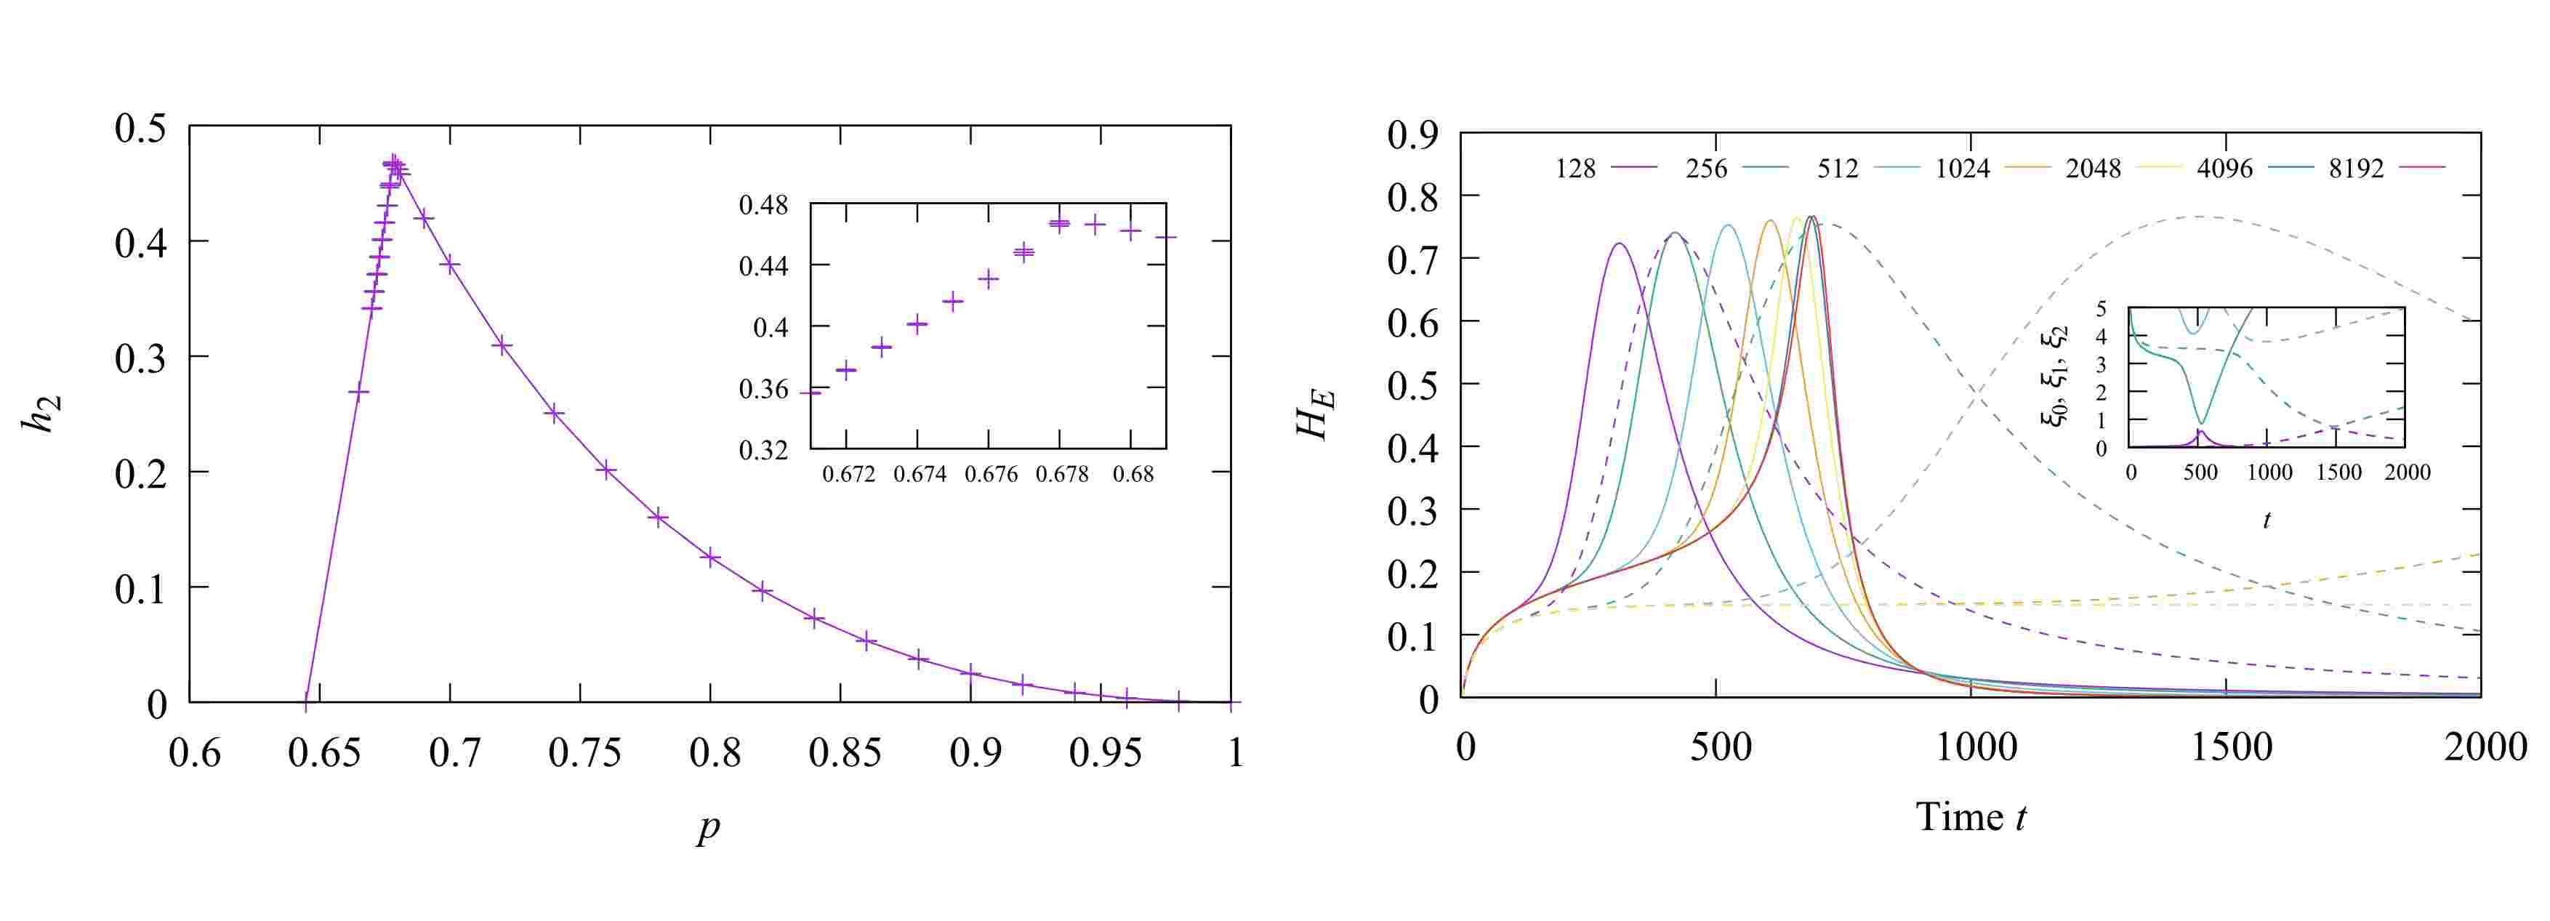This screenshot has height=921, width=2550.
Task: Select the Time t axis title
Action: point(1970,817)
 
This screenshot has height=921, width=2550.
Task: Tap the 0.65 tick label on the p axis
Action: point(323,752)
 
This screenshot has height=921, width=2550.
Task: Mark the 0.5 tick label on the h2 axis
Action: point(140,129)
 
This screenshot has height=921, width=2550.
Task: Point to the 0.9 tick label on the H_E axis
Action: point(1414,134)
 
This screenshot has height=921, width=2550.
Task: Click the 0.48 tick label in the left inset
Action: point(764,206)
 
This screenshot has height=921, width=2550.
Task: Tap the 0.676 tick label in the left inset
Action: point(991,475)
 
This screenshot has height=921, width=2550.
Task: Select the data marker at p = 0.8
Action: point(709,557)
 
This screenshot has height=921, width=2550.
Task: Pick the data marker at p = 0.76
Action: point(606,470)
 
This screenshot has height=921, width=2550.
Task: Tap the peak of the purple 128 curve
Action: point(1620,243)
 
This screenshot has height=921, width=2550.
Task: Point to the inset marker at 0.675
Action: point(953,301)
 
